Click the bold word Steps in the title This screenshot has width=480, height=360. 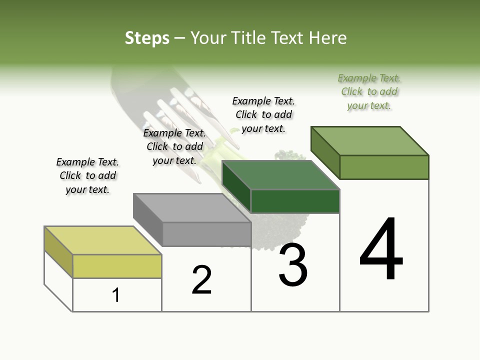(146, 38)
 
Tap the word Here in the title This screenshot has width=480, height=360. (328, 38)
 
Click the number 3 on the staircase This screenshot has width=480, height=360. (293, 265)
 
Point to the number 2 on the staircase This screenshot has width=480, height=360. (201, 280)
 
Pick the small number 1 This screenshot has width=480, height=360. (116, 295)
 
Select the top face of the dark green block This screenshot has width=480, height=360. (280, 175)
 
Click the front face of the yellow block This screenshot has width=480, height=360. (117, 266)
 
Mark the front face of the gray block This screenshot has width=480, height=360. (206, 234)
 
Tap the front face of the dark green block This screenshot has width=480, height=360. (295, 201)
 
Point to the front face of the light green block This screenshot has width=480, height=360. (384, 167)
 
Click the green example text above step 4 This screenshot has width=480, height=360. (369, 91)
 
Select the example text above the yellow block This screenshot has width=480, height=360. (87, 175)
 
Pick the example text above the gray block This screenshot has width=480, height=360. (174, 146)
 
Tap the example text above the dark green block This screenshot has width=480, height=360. (263, 114)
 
